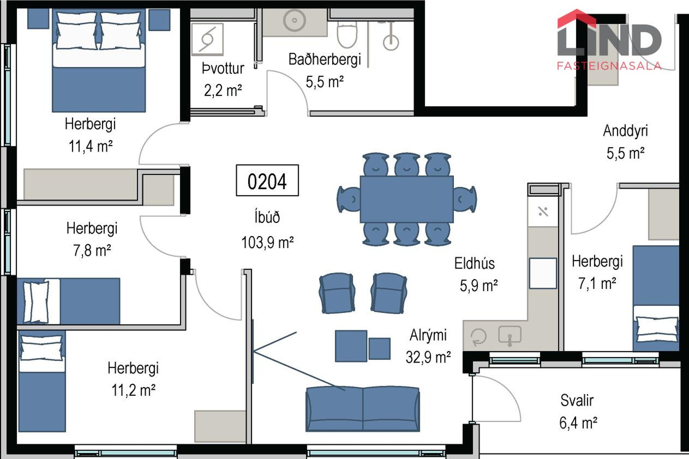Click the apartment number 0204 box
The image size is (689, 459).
pyautogui.click(x=267, y=180)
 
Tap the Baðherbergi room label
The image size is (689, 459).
pyautogui.click(x=324, y=60)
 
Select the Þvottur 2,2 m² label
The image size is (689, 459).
pyautogui.click(x=223, y=79)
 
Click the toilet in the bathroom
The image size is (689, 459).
pyautogui.click(x=347, y=34)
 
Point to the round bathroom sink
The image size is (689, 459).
pyautogui.click(x=295, y=20)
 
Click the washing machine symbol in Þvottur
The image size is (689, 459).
pyautogui.click(x=207, y=39)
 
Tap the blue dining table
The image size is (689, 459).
pyautogui.click(x=407, y=199)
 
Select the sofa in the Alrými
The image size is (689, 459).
pyautogui.click(x=362, y=409)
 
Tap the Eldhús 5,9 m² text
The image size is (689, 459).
pyautogui.click(x=476, y=275)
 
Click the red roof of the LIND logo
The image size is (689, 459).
pyautogui.click(x=576, y=18)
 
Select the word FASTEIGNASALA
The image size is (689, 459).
pyautogui.click(x=609, y=66)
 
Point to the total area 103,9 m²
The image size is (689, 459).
pyautogui.click(x=267, y=243)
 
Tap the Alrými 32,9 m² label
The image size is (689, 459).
pyautogui.click(x=428, y=346)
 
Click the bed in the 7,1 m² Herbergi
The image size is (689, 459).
pyautogui.click(x=656, y=298)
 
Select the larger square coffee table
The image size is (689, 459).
pyautogui.click(x=351, y=346)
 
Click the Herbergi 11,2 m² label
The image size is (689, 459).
pyautogui.click(x=133, y=379)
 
